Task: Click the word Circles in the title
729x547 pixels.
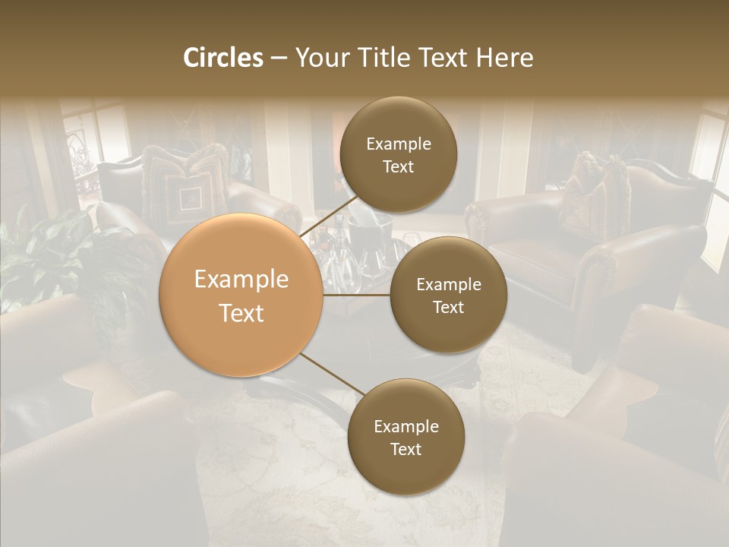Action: click(x=223, y=58)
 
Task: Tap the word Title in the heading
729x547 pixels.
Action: click(x=380, y=58)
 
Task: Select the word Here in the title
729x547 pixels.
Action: click(x=504, y=58)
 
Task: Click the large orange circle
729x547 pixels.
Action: click(x=241, y=296)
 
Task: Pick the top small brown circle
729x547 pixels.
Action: click(x=398, y=155)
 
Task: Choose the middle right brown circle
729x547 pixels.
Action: click(x=448, y=295)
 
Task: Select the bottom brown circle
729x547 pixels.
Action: click(x=406, y=437)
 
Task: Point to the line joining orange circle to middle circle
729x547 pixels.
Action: click(x=357, y=295)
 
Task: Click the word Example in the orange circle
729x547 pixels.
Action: click(x=241, y=280)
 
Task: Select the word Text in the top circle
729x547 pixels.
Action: click(x=398, y=166)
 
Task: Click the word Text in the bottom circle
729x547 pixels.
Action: click(x=406, y=449)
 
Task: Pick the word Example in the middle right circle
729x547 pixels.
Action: click(x=448, y=284)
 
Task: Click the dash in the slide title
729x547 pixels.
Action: click(x=279, y=58)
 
